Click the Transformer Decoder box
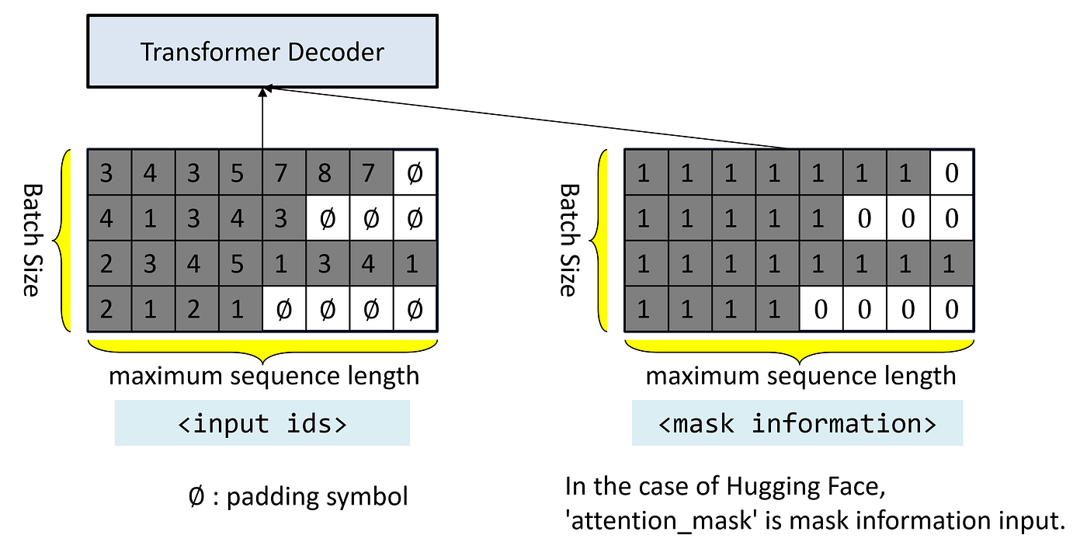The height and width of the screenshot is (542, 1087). [x=262, y=52]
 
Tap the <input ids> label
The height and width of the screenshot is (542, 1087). [x=262, y=423]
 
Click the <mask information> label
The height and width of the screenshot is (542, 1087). [x=797, y=423]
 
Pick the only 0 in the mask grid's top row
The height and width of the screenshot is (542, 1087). [x=951, y=172]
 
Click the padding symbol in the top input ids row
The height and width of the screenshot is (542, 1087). [x=415, y=172]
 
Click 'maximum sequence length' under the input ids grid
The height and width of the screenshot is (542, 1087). [x=264, y=376]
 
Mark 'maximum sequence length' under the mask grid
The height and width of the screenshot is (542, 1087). [x=800, y=376]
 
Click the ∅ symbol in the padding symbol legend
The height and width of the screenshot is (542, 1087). [x=196, y=496]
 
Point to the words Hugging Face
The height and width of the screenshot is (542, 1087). [x=793, y=488]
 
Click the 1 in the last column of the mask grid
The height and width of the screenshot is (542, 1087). [x=951, y=264]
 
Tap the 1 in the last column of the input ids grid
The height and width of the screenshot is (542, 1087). [x=415, y=264]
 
